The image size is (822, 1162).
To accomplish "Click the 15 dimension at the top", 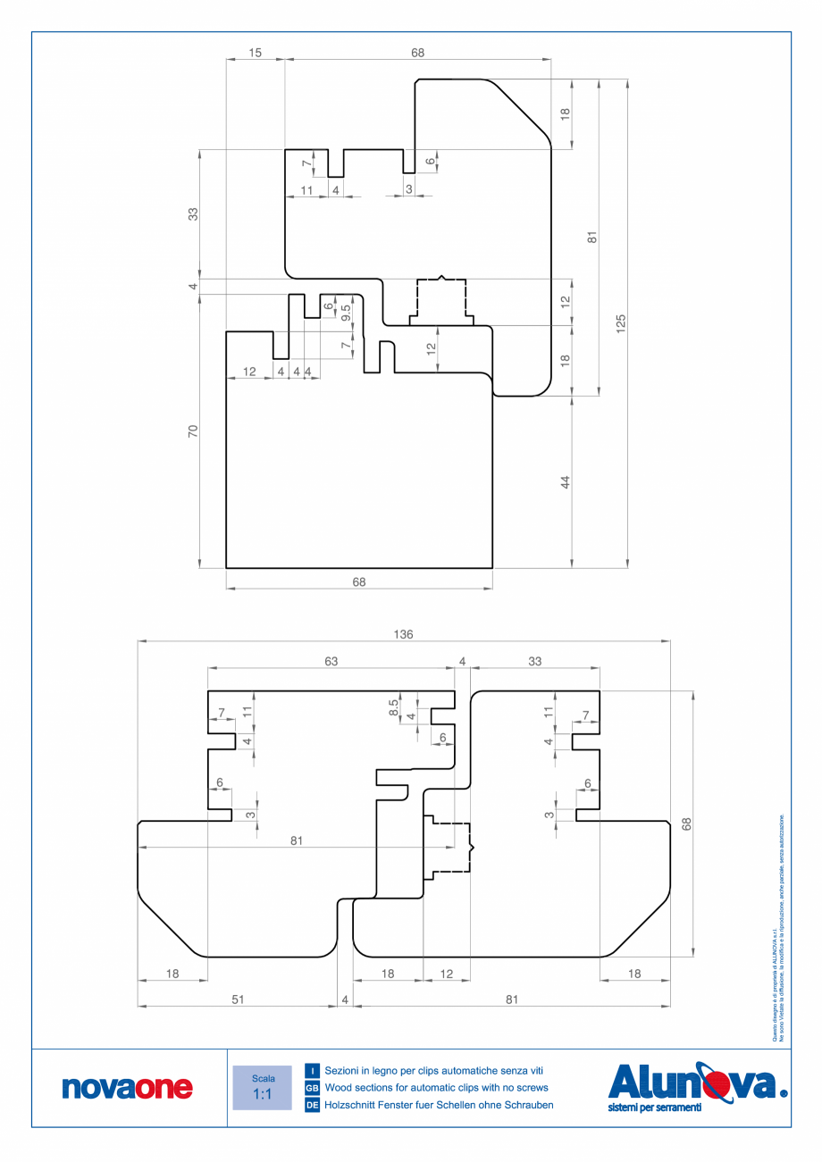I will [256, 53].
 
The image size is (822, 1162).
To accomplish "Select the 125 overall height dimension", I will [620, 323].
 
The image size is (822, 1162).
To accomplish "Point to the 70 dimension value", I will [193, 432].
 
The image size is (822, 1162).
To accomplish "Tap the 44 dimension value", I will [565, 482].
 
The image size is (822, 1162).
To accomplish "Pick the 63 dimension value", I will [331, 661].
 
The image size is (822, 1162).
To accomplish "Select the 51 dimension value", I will [238, 1000].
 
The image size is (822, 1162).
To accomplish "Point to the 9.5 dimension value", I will [346, 313].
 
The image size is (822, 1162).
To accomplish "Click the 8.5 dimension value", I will [394, 707].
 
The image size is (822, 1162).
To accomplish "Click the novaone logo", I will [127, 1088].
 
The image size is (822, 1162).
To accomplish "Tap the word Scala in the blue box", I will [263, 1078].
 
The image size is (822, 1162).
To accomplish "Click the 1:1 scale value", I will [263, 1094].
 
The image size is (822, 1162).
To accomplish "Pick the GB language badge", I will [313, 1088].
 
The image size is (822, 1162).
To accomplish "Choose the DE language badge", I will [313, 1106].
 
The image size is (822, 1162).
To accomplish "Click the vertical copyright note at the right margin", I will [777, 929].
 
